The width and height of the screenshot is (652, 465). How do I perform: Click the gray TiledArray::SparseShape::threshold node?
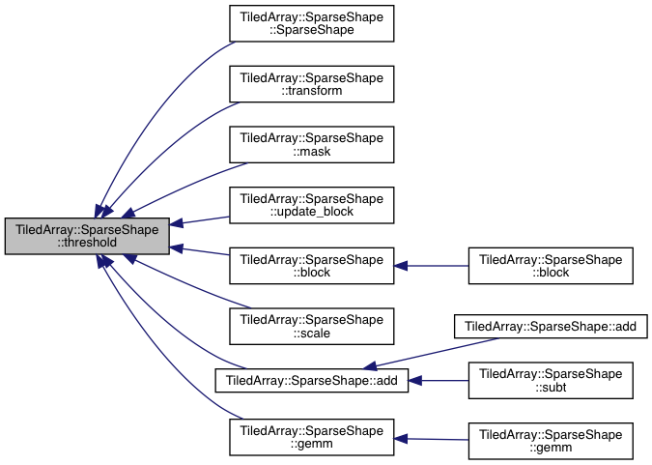[x=87, y=236]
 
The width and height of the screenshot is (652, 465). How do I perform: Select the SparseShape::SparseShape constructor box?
[x=311, y=22]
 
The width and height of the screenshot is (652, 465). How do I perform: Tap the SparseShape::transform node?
[x=311, y=83]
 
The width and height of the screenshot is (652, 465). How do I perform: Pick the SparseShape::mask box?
[x=311, y=144]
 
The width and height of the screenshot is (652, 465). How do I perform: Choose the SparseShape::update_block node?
[x=311, y=205]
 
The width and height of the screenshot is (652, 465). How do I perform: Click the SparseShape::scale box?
[x=311, y=326]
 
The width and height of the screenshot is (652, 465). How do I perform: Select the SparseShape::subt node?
[x=550, y=380]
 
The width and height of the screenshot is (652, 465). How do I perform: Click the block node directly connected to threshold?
[x=311, y=265]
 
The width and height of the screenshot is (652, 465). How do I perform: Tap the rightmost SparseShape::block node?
[x=550, y=265]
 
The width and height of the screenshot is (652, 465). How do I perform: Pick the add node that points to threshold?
[x=311, y=380]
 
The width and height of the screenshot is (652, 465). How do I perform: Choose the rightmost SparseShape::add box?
[x=550, y=326]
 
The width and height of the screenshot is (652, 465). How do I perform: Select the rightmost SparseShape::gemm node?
[x=550, y=440]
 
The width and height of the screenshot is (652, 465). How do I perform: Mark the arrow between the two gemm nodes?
[x=431, y=439]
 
